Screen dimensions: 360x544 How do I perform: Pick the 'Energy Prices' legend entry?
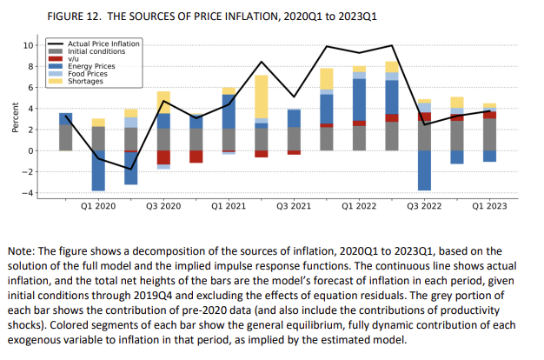tap(91, 66)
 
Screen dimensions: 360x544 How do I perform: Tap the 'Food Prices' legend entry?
tap(89, 74)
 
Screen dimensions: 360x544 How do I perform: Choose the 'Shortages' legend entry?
tap(85, 81)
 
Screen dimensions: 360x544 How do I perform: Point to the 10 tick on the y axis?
tap(28, 45)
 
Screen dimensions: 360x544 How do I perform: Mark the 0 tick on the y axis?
tap(30, 151)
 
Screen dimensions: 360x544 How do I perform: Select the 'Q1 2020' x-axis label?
tap(98, 208)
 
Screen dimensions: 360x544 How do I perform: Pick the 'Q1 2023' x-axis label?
tap(489, 208)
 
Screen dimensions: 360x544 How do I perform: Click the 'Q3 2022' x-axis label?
tap(424, 208)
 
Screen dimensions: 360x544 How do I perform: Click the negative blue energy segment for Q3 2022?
tap(424, 170)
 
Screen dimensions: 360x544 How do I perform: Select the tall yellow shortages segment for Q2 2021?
tap(261, 97)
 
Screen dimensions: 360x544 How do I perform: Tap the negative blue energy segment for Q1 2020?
tap(98, 170)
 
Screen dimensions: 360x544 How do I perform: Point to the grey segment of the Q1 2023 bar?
tap(489, 135)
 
